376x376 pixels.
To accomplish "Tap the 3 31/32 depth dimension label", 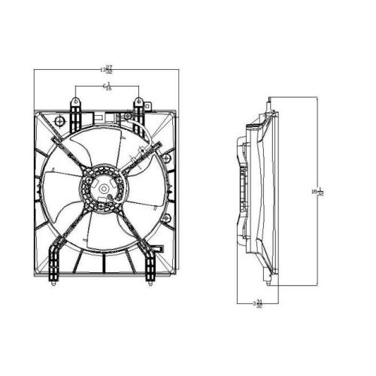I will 257,305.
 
